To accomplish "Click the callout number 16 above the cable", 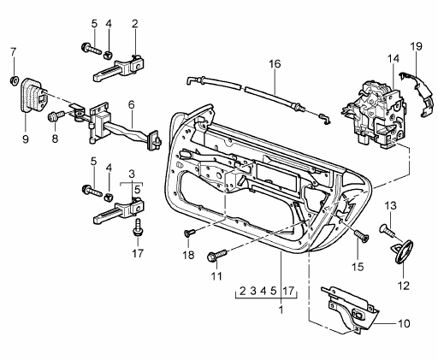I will click(x=274, y=64).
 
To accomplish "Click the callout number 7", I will click(x=13, y=53).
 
